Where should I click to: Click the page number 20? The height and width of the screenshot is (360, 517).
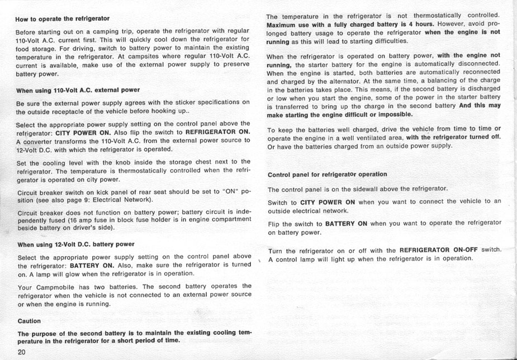coord(22,352)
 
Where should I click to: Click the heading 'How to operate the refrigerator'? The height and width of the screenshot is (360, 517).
coord(62,18)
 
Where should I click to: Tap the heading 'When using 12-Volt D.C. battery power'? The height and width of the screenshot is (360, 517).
coord(76,244)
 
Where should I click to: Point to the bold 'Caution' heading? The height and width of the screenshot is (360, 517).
coord(29,321)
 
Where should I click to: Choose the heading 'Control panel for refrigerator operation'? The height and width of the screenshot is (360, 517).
coord(327,174)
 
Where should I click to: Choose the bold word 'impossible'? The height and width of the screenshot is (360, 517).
coord(395,114)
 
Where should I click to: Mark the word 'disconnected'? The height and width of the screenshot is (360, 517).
coord(477,64)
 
